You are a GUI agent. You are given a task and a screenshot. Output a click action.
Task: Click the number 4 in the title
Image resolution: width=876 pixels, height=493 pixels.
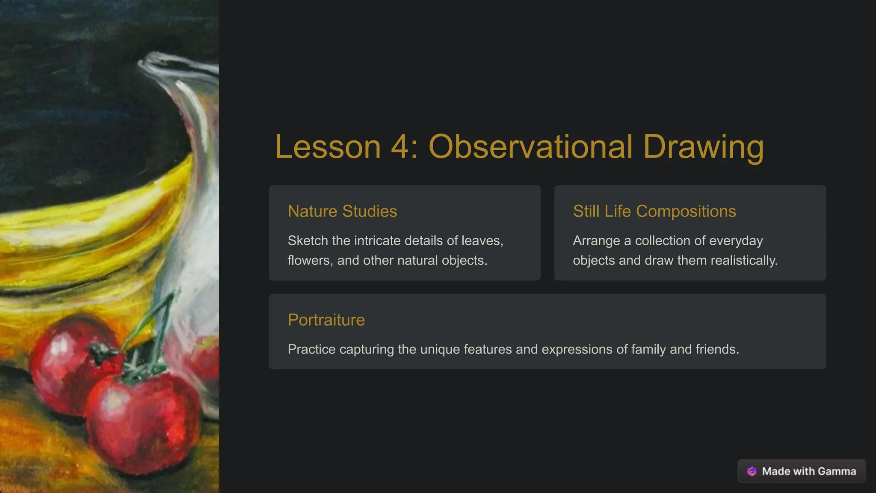(400, 147)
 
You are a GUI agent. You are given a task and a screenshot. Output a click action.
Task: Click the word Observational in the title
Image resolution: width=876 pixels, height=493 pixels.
(530, 147)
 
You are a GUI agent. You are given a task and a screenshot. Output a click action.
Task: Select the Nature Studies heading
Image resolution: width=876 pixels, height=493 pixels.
(342, 211)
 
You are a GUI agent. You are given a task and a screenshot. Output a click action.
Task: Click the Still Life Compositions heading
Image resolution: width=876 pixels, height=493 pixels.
(654, 211)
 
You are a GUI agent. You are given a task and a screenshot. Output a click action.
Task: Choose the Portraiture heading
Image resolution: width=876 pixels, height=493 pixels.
(326, 320)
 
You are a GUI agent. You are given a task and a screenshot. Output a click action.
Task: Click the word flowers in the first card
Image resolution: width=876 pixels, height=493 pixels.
(309, 260)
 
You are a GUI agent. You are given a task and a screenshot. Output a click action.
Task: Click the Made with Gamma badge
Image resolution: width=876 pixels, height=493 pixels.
(802, 471)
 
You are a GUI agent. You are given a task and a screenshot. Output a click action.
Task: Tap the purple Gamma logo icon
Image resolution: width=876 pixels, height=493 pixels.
(752, 471)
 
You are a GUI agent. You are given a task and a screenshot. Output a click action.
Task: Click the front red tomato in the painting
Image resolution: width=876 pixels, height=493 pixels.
(143, 422)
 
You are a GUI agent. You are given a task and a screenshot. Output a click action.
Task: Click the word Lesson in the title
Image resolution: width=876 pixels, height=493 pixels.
(328, 147)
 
